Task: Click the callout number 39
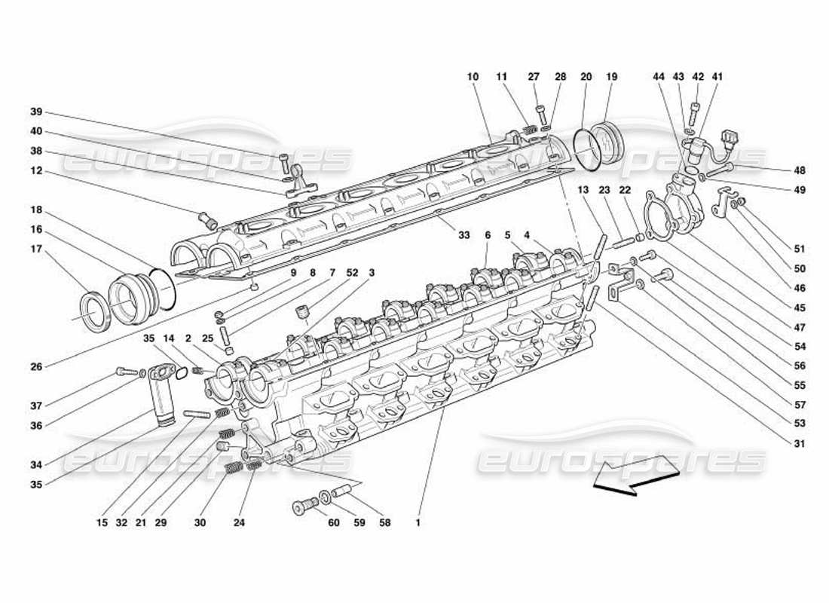[35, 112]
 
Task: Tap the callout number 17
[35, 249]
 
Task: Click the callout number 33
[464, 235]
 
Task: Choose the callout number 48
[800, 170]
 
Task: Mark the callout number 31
[800, 444]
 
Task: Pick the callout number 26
[35, 367]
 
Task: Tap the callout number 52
[352, 272]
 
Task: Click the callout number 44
[659, 77]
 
